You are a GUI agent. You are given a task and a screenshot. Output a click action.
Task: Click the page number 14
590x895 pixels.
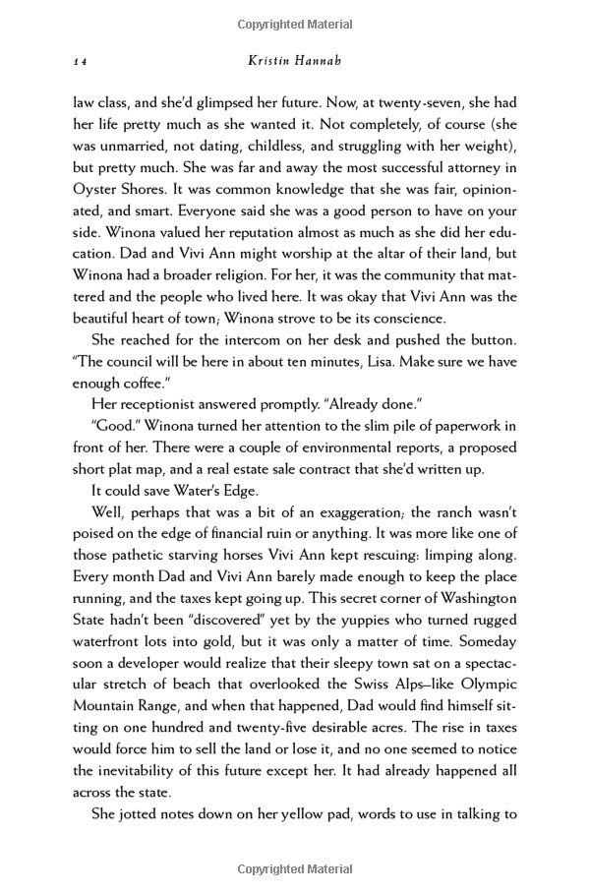pyautogui.click(x=81, y=61)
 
